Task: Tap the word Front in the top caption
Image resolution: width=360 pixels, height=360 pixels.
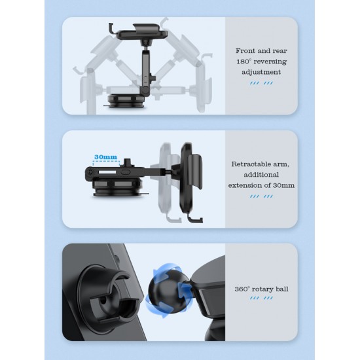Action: (x=245, y=51)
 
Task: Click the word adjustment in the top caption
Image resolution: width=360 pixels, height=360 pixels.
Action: (x=261, y=72)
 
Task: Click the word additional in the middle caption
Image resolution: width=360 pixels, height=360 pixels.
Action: (x=261, y=175)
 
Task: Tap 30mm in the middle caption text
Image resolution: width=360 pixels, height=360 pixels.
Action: (x=283, y=185)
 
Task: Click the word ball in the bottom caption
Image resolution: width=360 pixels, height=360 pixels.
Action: (x=282, y=289)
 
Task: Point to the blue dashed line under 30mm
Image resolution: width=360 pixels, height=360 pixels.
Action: (x=106, y=162)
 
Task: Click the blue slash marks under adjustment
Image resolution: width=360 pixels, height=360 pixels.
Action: (x=261, y=83)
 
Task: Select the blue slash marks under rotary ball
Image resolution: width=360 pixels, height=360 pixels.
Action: (x=261, y=298)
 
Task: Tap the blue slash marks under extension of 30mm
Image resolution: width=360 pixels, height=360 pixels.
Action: (x=261, y=196)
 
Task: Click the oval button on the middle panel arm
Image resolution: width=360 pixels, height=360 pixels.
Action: (x=126, y=171)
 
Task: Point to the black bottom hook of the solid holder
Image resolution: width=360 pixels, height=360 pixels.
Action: (x=194, y=219)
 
